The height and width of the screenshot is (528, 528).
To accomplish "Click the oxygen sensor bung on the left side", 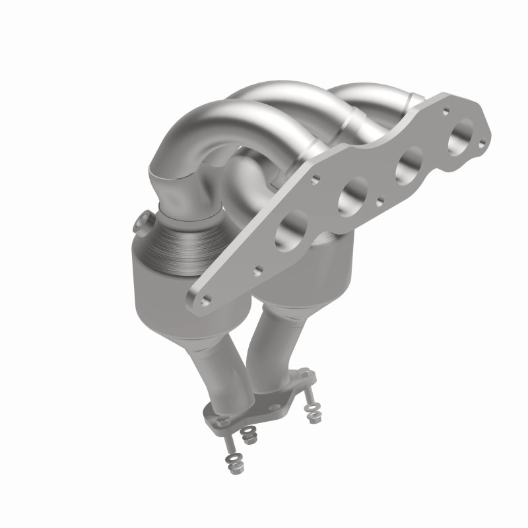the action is coord(143,224).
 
